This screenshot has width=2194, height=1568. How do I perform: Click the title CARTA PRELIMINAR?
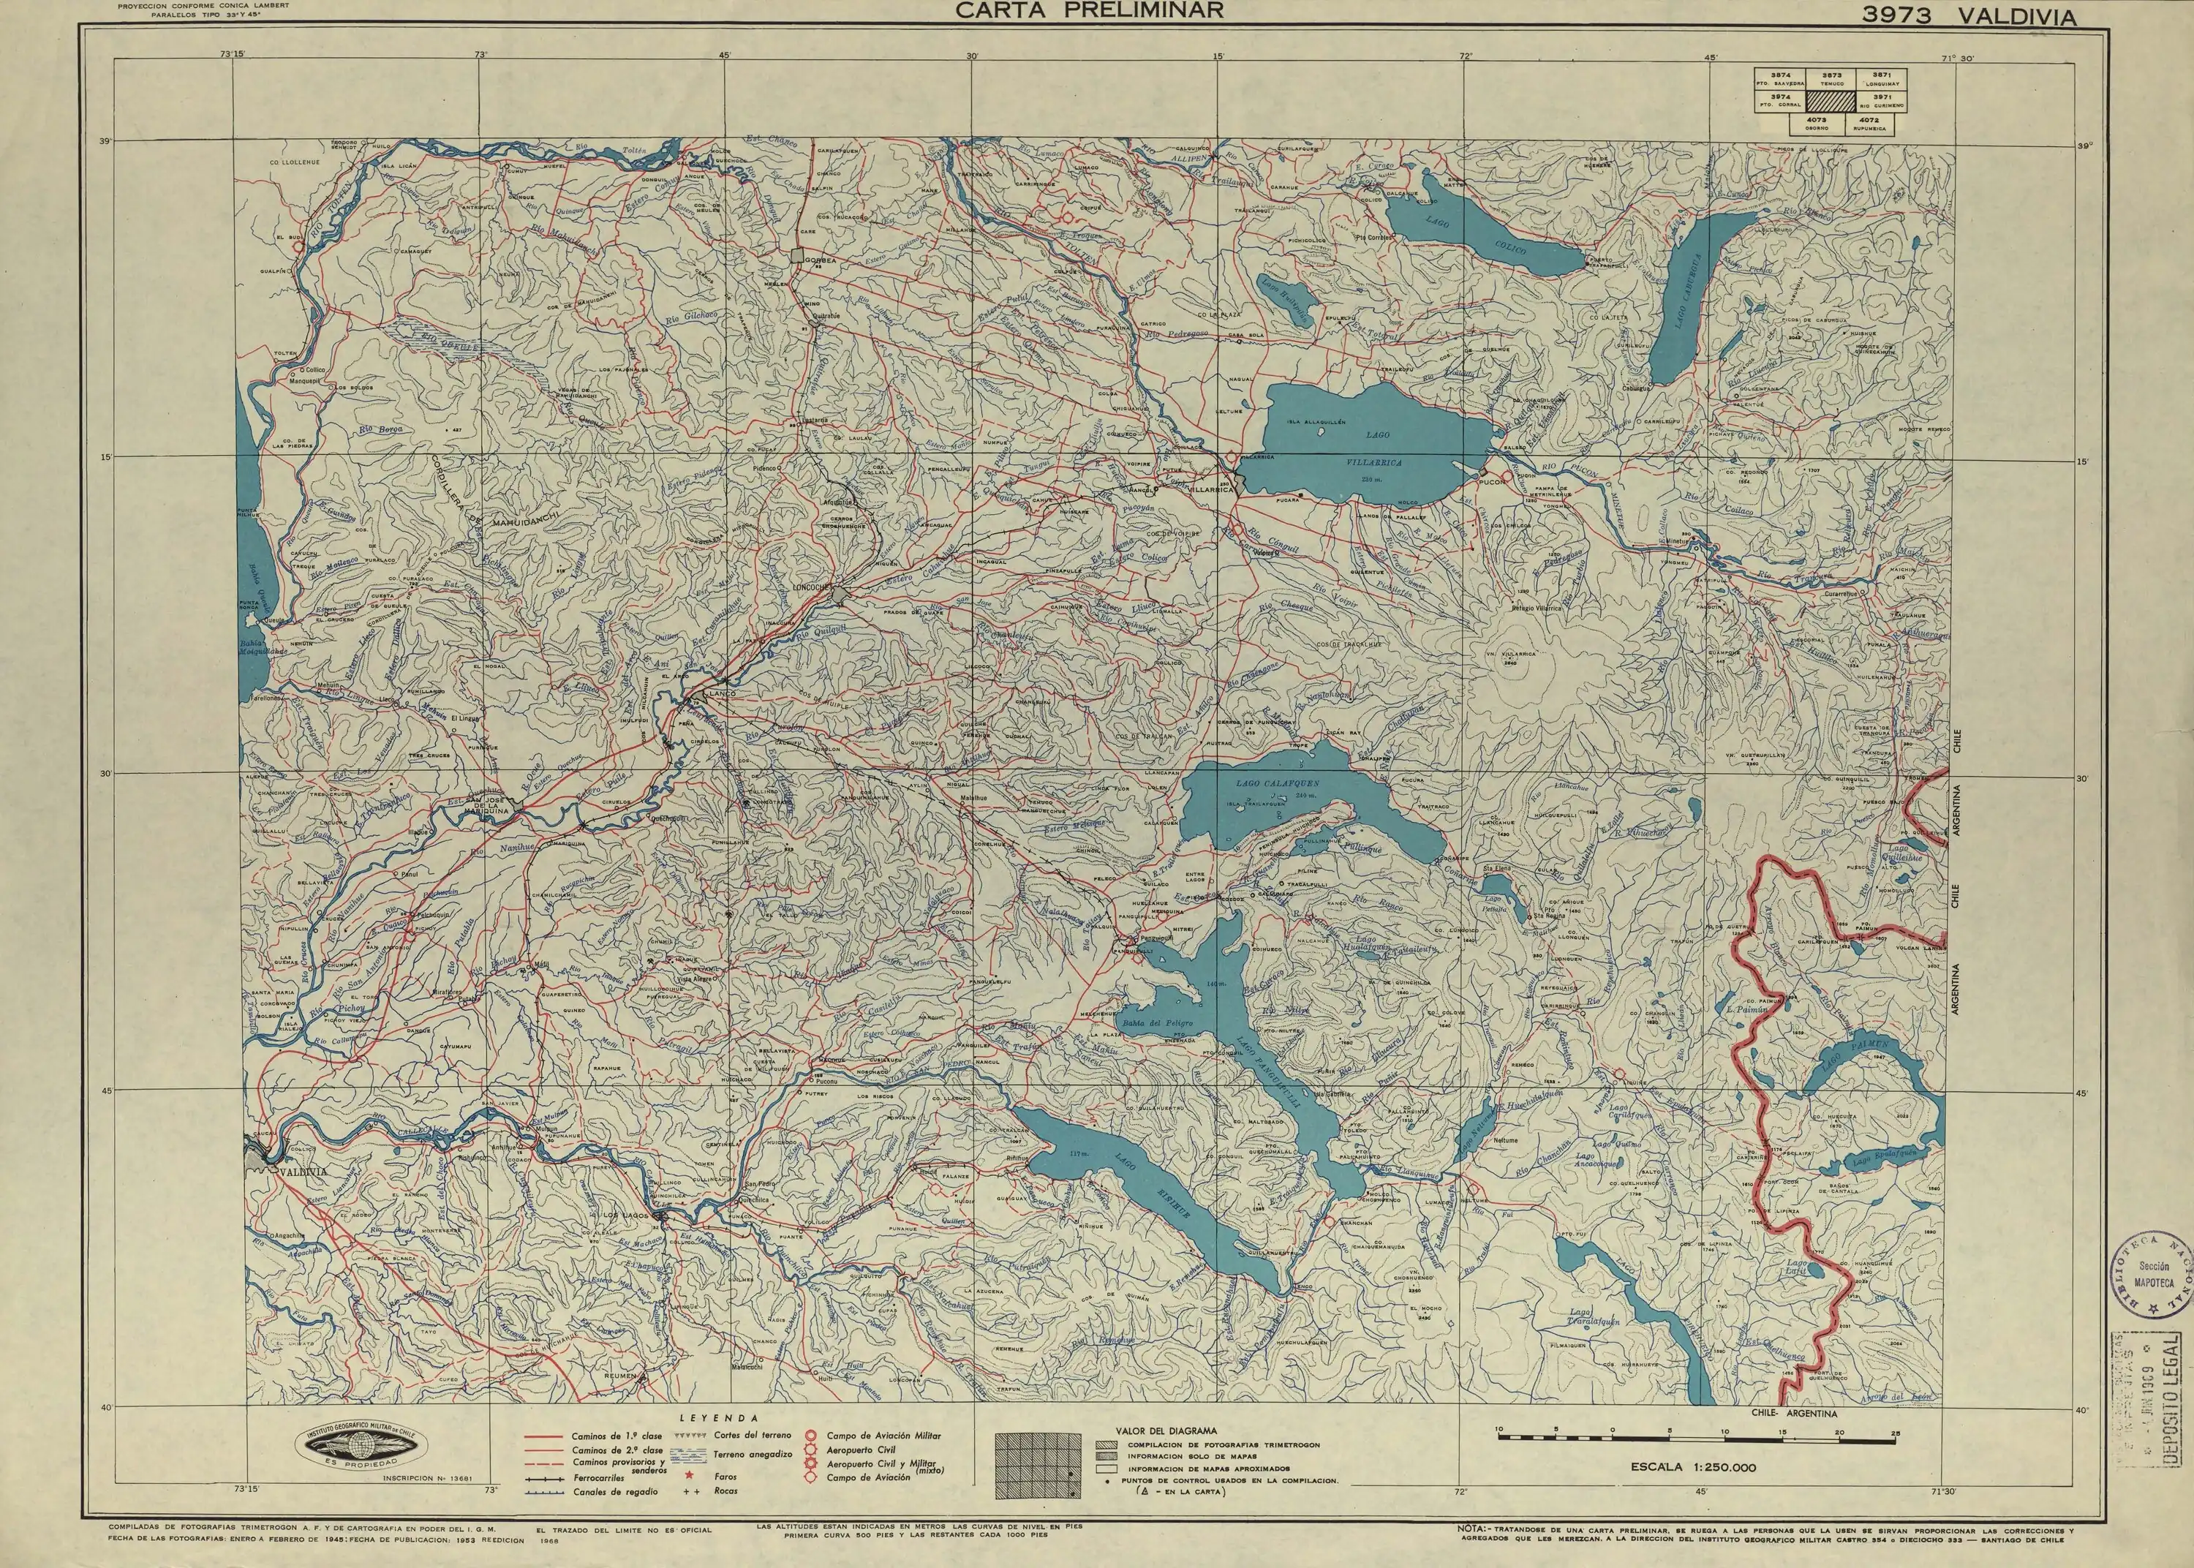pyautogui.click(x=1090, y=11)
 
